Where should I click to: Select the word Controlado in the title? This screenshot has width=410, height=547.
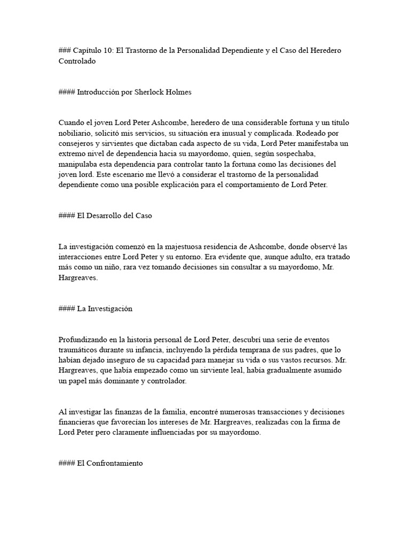77,61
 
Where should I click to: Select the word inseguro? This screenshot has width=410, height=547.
112,360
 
